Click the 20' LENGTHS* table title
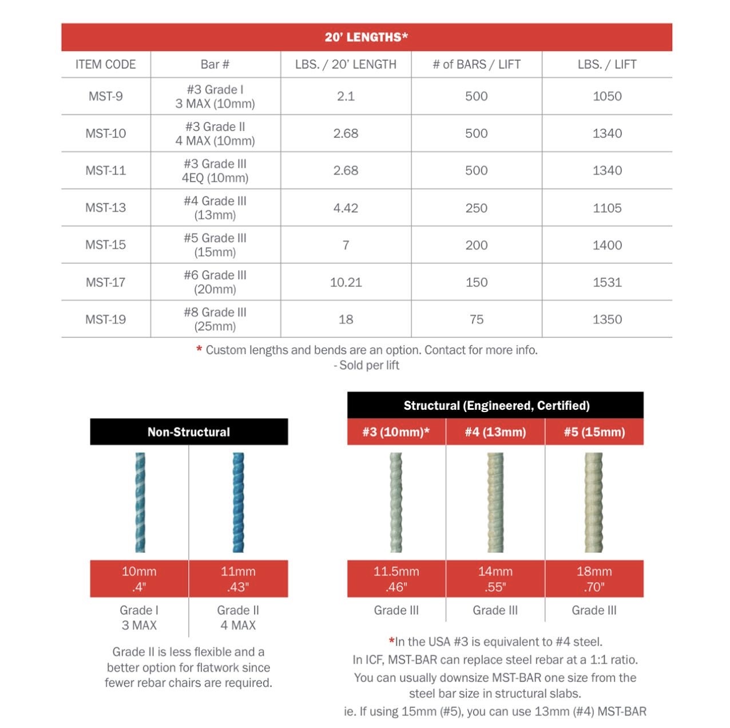tap(366, 37)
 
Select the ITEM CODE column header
tap(106, 65)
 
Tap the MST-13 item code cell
tap(106, 208)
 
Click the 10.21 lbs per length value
tap(346, 282)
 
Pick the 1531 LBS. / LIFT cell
tap(607, 282)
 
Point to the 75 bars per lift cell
tap(477, 319)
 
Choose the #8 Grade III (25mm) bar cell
tap(215, 319)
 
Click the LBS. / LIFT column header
tap(607, 65)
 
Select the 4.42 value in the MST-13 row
tap(346, 208)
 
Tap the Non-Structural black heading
tap(189, 432)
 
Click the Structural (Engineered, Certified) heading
tap(495, 406)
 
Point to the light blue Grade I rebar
tap(140, 502)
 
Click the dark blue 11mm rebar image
tap(238, 502)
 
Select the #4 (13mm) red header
tap(495, 432)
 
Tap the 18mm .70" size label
tap(594, 579)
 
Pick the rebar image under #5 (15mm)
tap(594, 502)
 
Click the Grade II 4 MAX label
tap(238, 618)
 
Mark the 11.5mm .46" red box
tap(396, 579)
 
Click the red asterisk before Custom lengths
tap(199, 349)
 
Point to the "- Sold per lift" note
tap(366, 365)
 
